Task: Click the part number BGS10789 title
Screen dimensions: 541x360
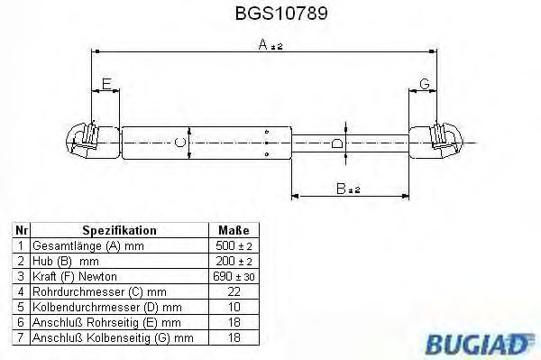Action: click(281, 14)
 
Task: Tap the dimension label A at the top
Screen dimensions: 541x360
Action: click(263, 44)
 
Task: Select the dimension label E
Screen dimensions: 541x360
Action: click(106, 84)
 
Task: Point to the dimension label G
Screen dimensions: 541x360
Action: click(425, 84)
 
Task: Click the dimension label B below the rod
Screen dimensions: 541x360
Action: click(341, 189)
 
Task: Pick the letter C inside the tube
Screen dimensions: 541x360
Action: click(180, 143)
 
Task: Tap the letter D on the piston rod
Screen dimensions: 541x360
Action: click(337, 143)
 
